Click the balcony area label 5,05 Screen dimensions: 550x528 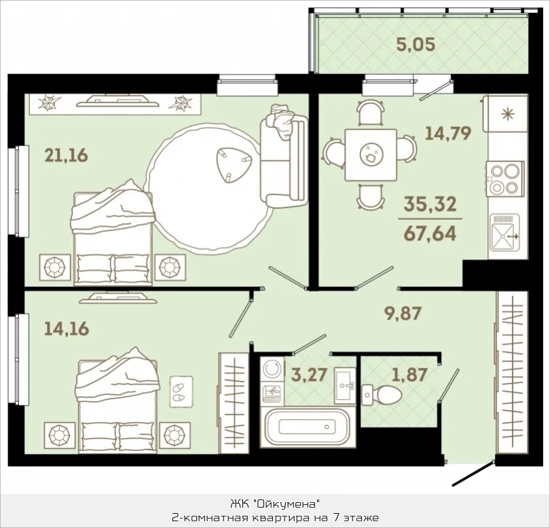(416, 45)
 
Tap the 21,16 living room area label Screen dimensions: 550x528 (67, 155)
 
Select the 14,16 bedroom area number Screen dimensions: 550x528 (67, 328)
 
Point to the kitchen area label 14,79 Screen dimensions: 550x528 (448, 133)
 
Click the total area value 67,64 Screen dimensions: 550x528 (430, 233)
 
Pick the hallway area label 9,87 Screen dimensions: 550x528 (403, 313)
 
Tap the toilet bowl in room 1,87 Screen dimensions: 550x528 (382, 394)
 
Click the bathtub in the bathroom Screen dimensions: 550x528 (307, 427)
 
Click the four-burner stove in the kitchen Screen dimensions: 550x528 (505, 178)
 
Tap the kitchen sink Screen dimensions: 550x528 (505, 233)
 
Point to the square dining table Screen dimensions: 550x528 (371, 155)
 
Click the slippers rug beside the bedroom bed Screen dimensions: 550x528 (181, 392)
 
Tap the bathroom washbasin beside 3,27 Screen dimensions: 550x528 (345, 385)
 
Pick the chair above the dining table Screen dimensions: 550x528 (371, 112)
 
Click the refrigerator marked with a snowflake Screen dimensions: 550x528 (505, 113)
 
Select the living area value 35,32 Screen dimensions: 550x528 (430, 204)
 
